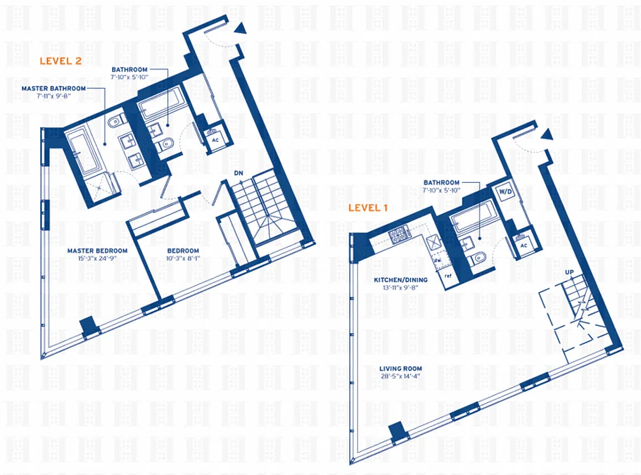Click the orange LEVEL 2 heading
point(60,61)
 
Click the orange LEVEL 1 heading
point(368,207)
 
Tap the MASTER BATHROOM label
point(53,88)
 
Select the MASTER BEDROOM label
point(97,251)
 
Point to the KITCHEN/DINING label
point(400,279)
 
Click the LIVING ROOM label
point(401,369)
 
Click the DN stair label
point(239,173)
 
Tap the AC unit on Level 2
point(215,140)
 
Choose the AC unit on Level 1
point(523,245)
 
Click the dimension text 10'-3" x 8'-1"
point(182,259)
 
